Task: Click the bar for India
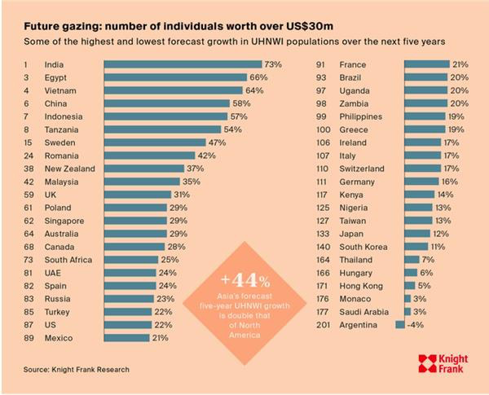point(181,64)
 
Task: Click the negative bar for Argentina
point(400,325)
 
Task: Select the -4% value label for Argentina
point(416,325)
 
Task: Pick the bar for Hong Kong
point(407,286)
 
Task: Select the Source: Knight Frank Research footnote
point(76,369)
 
